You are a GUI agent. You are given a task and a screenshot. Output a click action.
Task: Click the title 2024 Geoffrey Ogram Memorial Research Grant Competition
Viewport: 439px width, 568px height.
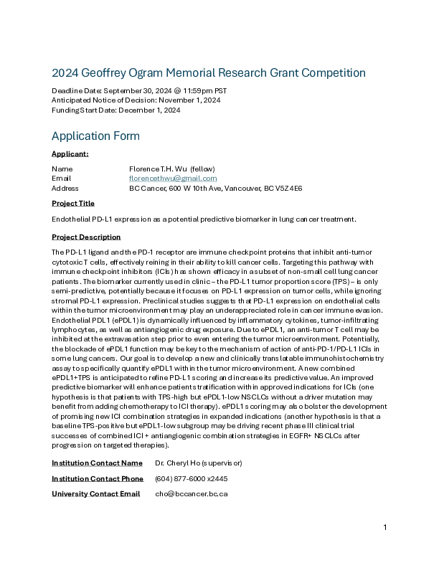click(209, 73)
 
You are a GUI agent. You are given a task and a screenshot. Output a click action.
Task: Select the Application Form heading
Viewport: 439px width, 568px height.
click(95, 136)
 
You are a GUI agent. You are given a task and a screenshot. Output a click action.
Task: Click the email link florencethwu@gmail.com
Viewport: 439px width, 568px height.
click(173, 178)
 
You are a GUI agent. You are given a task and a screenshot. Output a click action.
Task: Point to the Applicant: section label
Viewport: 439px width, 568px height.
click(70, 154)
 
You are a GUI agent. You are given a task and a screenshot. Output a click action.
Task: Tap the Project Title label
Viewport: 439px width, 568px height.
click(73, 204)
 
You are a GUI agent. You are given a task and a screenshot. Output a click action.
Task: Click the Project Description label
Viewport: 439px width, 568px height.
click(86, 237)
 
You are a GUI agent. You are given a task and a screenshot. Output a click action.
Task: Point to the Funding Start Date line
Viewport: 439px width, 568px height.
click(115, 110)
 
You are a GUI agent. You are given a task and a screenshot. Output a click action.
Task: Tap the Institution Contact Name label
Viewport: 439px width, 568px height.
click(97, 463)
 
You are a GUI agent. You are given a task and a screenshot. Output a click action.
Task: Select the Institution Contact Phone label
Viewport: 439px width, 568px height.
click(98, 478)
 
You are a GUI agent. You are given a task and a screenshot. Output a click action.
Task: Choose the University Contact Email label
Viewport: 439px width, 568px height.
click(95, 494)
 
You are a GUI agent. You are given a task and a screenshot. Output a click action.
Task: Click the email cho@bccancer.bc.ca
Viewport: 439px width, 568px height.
click(191, 494)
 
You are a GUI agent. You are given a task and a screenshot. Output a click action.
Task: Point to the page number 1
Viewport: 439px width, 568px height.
click(385, 528)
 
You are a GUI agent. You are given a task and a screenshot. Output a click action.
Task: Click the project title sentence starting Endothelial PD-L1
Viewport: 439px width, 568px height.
click(204, 219)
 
